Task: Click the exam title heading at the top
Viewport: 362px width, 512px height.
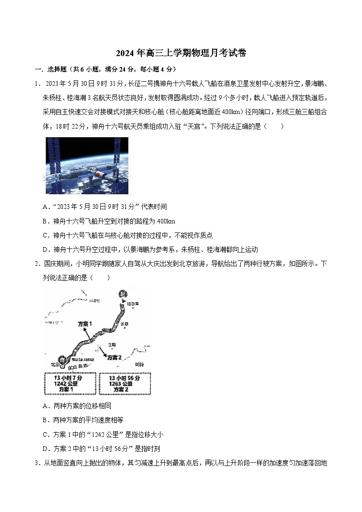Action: coord(181,53)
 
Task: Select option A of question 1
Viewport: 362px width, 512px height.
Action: coord(45,207)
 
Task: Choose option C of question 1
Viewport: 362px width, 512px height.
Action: coord(45,235)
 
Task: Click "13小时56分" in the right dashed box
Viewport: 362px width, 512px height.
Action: coord(124,378)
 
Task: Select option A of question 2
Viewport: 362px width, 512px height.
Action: coord(45,406)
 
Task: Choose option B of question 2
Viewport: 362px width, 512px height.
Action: coord(45,420)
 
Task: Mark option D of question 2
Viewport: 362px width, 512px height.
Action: coord(45,449)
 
